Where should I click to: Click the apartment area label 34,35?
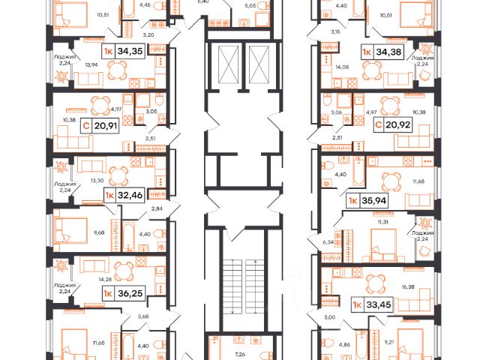click(x=130, y=51)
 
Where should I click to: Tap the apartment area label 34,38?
click(x=388, y=52)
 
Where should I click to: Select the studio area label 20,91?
click(x=106, y=125)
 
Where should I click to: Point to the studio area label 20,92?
click(x=398, y=124)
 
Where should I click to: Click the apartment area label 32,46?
click(x=130, y=195)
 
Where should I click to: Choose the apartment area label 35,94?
click(x=374, y=201)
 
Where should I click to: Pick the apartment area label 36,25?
click(x=130, y=293)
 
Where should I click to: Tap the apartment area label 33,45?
click(x=379, y=305)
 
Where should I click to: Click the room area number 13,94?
click(x=91, y=64)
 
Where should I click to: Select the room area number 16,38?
click(x=408, y=286)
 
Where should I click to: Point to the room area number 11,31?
click(x=382, y=222)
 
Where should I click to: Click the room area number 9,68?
click(x=100, y=232)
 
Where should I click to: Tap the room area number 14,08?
click(x=334, y=67)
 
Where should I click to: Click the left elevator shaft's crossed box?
click(x=228, y=64)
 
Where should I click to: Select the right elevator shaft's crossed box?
click(x=259, y=64)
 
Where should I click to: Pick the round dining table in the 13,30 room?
click(x=118, y=176)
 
